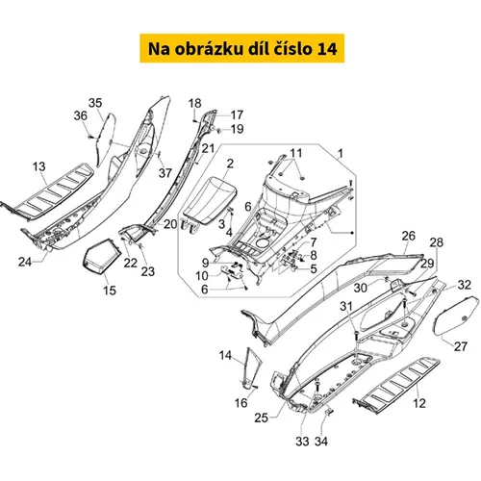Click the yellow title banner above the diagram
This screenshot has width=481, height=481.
(241, 48)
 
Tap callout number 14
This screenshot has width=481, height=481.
(225, 355)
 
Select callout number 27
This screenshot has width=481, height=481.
(461, 346)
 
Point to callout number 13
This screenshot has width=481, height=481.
(39, 166)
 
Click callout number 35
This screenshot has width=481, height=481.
(95, 103)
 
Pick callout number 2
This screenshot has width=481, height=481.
(230, 164)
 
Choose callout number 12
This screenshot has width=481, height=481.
(419, 403)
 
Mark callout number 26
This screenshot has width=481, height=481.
(409, 236)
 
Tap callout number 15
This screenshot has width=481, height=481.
(110, 291)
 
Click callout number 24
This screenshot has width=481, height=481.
(25, 262)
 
